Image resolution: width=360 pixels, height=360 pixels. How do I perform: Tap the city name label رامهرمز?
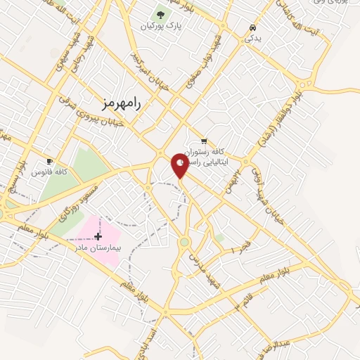pyautogui.click(x=120, y=103)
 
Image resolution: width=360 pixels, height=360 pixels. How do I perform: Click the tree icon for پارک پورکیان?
pyautogui.click(x=160, y=13)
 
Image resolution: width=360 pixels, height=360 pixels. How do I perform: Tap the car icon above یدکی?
pyautogui.click(x=252, y=27)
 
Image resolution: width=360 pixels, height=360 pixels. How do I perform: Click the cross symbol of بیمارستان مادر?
pyautogui.click(x=98, y=236)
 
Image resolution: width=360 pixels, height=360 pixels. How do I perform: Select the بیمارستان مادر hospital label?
pyautogui.click(x=98, y=247)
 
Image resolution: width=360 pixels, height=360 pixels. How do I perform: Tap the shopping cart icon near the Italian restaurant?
pyautogui.click(x=204, y=141)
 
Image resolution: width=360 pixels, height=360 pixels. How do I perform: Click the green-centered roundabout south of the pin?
pyautogui.click(x=184, y=242)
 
